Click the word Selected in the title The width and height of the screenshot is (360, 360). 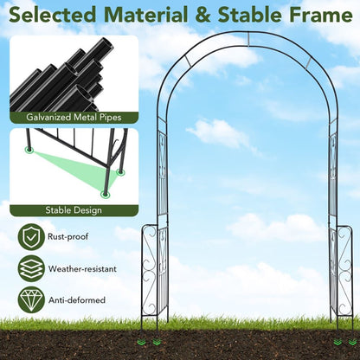coord(52,15)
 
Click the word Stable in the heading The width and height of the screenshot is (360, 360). coord(250,15)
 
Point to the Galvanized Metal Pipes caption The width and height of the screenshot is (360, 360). coord(74,118)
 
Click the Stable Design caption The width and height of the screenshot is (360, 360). coord(74,210)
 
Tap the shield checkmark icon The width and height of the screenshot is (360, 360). coord(31,237)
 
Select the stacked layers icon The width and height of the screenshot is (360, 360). coord(31,268)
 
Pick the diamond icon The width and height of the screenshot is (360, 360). coord(31,300)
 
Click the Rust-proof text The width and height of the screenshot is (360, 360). coord(68,237)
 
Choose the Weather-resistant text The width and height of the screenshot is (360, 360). coord(82,269)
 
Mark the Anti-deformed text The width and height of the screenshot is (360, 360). coord(77,300)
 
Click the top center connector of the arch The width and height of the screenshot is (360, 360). coord(248,39)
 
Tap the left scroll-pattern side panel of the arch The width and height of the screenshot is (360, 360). coord(149,271)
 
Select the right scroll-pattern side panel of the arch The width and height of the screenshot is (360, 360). coord(345,271)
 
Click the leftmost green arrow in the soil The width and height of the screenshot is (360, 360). coord(141,342)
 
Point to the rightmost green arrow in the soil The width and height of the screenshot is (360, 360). coord(352,342)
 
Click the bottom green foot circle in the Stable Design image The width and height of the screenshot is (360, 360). coord(106,194)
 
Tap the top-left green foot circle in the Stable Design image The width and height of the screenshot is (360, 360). coord(29,150)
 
